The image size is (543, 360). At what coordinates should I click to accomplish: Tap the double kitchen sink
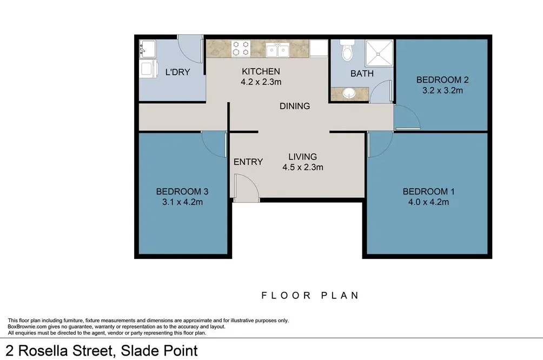coord(278,50)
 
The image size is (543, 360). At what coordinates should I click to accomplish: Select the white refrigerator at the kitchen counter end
coord(319,49)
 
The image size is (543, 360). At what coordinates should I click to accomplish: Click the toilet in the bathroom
coord(347,52)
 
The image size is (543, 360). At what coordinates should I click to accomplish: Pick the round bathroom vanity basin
coord(348,94)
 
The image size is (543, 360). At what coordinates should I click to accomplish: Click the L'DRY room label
coord(177,72)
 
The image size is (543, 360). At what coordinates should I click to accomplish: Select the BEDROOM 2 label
coord(442,80)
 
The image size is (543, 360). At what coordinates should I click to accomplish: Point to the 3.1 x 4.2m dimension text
coord(182,202)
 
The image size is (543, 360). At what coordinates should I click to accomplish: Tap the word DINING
coord(295,106)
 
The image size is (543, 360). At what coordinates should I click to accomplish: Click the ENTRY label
coord(248,162)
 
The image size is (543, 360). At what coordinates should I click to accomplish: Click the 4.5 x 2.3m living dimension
coord(302,168)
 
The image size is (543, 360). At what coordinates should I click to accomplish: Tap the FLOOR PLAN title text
coord(310,295)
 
